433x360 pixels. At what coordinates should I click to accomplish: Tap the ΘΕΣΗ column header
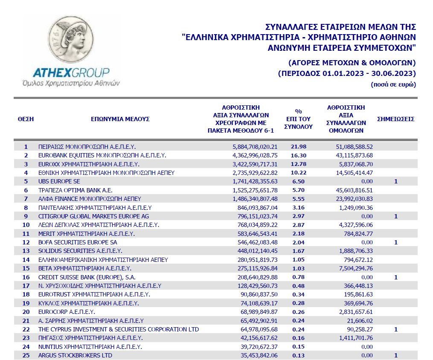[26, 119]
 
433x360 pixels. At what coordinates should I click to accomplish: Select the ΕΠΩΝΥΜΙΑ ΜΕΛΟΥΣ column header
[120, 119]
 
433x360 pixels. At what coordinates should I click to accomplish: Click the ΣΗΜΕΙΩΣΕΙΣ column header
[395, 119]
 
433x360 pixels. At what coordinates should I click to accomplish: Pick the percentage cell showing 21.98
[299, 146]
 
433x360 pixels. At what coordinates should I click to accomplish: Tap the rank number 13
[26, 251]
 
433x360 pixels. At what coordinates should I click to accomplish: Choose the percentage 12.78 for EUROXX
[299, 164]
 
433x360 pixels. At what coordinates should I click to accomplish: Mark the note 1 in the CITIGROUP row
[395, 216]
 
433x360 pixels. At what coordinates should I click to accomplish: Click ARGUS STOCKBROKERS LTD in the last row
[76, 355]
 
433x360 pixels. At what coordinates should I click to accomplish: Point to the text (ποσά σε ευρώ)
[393, 84]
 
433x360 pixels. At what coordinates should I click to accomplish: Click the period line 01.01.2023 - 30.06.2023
[346, 73]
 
